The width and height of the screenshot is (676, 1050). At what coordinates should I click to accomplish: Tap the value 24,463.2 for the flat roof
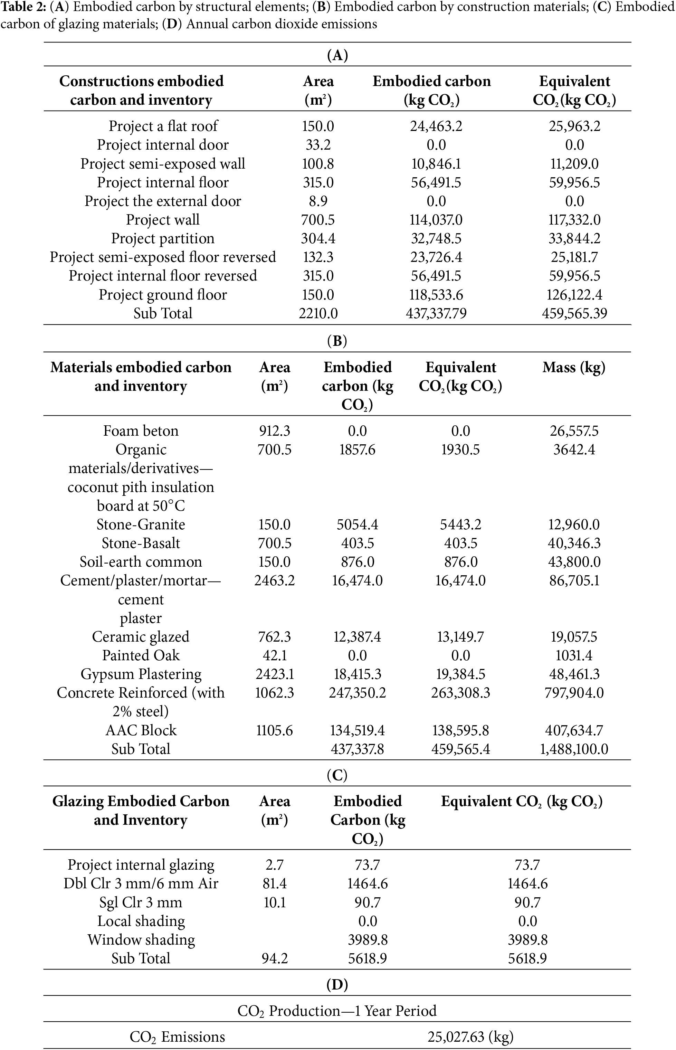(436, 126)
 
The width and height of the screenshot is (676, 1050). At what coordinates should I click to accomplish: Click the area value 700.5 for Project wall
(318, 219)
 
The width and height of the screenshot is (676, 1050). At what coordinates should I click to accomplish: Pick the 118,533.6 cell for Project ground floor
(436, 294)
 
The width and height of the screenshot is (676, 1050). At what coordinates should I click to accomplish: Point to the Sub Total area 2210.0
(318, 313)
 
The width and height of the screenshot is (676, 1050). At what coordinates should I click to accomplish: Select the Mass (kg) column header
(574, 367)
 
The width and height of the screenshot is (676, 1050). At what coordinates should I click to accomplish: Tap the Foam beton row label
(141, 431)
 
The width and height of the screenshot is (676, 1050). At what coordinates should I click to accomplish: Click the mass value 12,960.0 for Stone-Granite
(574, 524)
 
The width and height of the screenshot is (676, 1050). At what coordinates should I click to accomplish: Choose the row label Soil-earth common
(141, 562)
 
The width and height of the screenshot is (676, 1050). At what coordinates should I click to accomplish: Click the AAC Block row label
(141, 730)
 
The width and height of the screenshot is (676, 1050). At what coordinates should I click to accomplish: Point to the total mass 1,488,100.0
(574, 749)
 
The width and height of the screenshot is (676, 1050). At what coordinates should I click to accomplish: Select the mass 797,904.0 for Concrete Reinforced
(574, 693)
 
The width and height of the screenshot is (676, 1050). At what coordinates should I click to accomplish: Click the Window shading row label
(141, 939)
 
